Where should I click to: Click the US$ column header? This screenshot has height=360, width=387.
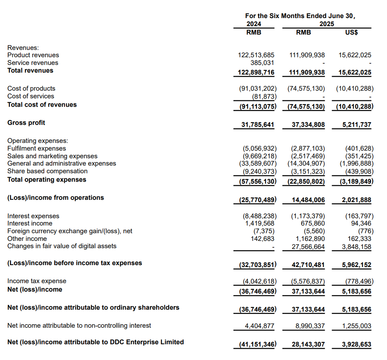click(x=352, y=33)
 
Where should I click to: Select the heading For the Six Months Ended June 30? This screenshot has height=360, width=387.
click(x=300, y=16)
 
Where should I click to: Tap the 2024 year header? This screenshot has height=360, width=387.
click(x=254, y=24)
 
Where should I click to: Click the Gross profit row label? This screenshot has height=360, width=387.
click(x=26, y=123)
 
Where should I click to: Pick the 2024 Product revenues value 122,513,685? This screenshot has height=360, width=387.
click(x=257, y=55)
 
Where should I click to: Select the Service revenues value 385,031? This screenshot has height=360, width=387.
click(x=262, y=63)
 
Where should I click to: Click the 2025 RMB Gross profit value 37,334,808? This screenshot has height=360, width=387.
click(x=308, y=125)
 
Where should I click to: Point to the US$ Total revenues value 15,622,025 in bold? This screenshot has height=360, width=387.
click(x=355, y=73)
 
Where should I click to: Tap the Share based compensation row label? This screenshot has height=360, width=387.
click(x=47, y=171)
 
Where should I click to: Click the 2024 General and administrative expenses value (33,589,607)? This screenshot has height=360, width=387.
click(x=257, y=164)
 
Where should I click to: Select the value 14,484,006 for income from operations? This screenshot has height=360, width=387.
click(x=308, y=200)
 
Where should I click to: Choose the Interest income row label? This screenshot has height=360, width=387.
click(x=30, y=224)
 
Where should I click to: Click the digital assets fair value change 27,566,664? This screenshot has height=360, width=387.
click(x=308, y=247)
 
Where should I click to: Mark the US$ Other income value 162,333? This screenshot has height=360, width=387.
click(x=359, y=239)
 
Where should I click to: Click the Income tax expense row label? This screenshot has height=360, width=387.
click(x=37, y=281)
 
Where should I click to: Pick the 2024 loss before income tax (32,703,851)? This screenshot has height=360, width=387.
click(x=255, y=265)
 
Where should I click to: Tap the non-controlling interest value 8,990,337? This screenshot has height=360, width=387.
click(x=308, y=326)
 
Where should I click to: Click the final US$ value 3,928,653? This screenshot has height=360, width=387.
click(x=357, y=345)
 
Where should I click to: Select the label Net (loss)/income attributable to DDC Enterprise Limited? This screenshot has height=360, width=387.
click(x=95, y=342)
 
